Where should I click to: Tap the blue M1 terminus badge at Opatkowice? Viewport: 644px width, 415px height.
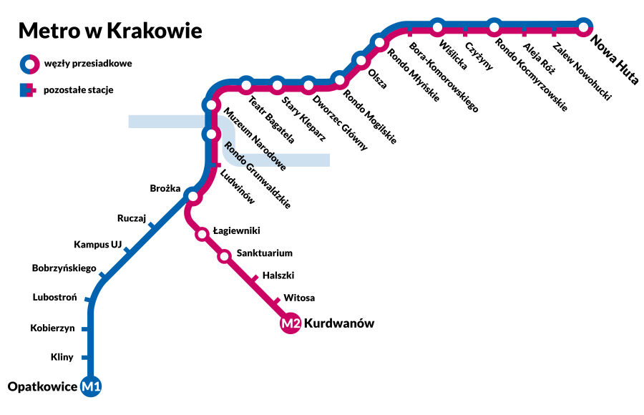pos(92,387)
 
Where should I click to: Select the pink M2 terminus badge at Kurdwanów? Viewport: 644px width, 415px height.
pos(290,324)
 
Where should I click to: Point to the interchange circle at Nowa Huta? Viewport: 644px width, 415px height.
pos(584,28)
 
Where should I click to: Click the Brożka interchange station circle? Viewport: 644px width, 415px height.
pos(192,195)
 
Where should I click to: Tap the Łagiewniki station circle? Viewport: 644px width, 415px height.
pos(202,233)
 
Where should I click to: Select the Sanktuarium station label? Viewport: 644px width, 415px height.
pos(264,253)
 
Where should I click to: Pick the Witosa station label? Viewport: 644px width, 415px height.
pos(299,298)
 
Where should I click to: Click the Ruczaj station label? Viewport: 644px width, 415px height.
pos(132,218)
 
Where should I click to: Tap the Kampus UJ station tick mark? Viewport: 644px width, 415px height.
pos(127,250)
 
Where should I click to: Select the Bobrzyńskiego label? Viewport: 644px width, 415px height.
pos(64,268)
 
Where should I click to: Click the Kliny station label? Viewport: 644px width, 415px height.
pos(62,357)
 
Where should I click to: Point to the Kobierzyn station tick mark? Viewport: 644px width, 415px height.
pos(85,329)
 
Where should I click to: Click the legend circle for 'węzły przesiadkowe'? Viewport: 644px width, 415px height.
pos(29,64)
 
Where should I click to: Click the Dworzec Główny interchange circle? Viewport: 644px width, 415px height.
pos(308,86)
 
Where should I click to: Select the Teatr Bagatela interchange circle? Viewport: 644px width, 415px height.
pos(246,86)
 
